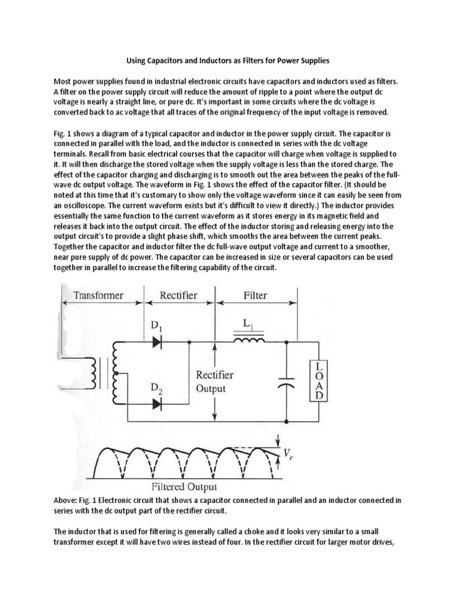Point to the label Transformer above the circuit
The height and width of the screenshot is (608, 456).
pyautogui.click(x=98, y=296)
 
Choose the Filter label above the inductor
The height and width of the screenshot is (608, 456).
pyautogui.click(x=255, y=296)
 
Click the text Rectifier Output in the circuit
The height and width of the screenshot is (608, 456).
pyautogui.click(x=214, y=382)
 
